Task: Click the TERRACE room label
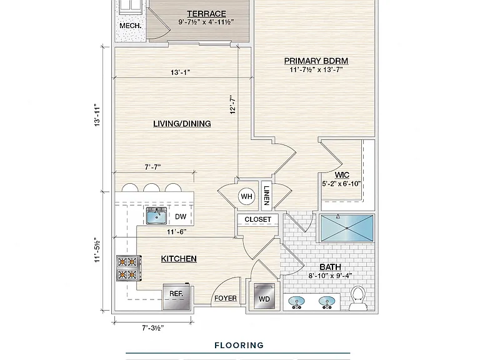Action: pos(207,14)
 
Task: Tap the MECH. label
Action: pos(131,26)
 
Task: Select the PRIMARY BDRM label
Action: pos(316,61)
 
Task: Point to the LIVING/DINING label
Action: pos(182,124)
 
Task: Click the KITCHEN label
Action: pos(179,259)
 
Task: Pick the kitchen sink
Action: pos(156,216)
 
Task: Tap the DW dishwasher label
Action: pos(181,217)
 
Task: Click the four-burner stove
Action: pos(129,268)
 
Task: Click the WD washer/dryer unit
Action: pos(264,296)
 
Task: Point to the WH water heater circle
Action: pos(247,196)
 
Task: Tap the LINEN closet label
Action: pos(266,196)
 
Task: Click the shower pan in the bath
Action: pos(346,228)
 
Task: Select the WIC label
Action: pos(342,175)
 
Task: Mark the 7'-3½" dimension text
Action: pos(152,328)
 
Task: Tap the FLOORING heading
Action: pos(239,346)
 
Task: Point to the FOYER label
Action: pos(226,298)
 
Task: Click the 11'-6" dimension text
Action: pos(177,232)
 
